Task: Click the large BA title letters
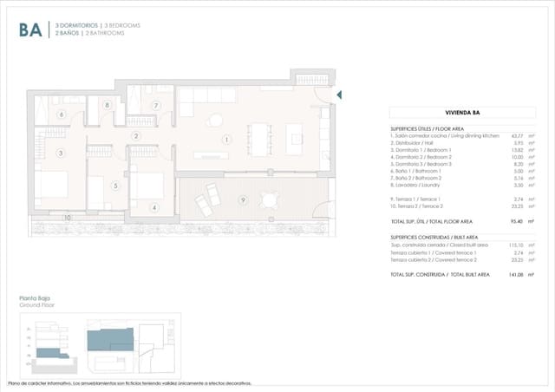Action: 29,30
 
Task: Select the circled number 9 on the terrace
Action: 243,200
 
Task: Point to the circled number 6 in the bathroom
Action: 61,114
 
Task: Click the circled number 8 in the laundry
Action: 106,106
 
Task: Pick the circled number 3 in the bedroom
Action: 61,154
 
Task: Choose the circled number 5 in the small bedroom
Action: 115,184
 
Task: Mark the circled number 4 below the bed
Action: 154,207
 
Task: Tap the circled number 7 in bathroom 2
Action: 155,106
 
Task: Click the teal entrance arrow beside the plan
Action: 339,95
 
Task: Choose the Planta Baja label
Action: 33,300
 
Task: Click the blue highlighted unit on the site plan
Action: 111,340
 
